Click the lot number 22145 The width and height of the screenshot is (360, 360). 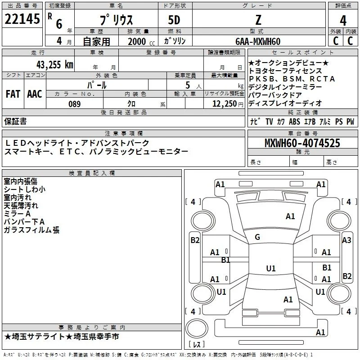(x=22, y=19)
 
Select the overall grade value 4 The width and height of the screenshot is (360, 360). (x=343, y=21)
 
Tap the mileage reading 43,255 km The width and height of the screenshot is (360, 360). (x=55, y=65)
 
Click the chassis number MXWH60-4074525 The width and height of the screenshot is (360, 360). (x=302, y=143)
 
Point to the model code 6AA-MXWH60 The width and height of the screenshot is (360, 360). (x=258, y=41)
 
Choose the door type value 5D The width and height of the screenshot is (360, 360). (x=174, y=20)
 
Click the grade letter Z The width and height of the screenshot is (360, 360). (x=258, y=20)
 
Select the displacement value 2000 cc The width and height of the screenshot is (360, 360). (x=141, y=42)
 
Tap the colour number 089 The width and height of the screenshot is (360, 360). (x=75, y=104)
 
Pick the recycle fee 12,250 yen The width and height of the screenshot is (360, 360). (x=228, y=104)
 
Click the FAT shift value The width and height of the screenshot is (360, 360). (x=13, y=94)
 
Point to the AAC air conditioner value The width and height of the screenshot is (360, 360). (x=35, y=94)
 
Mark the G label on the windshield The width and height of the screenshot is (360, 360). (x=257, y=237)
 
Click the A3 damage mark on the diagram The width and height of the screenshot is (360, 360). (x=346, y=240)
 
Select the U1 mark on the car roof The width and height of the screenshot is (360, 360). (x=271, y=268)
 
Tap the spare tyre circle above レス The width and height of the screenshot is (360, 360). (x=197, y=328)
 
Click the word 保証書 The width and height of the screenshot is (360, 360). (x=15, y=121)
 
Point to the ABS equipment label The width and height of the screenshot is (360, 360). (x=294, y=121)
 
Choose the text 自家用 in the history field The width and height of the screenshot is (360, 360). (x=96, y=41)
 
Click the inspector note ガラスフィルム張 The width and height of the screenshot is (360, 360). (x=31, y=230)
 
